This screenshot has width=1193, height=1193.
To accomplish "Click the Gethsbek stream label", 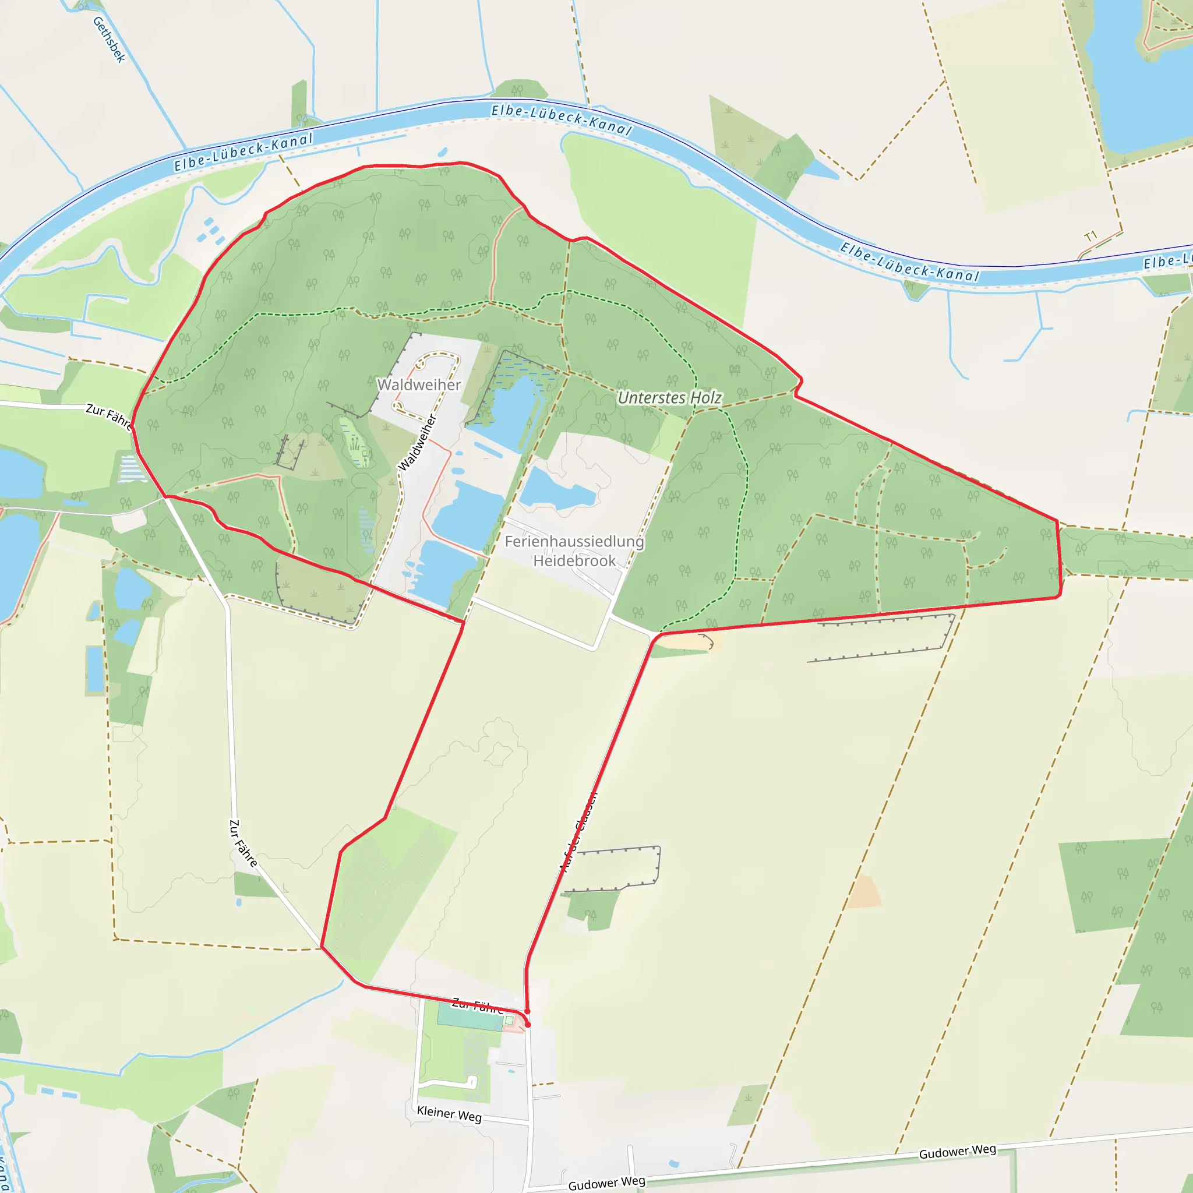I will pos(110,40).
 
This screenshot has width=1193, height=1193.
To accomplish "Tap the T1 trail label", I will pos(1090,237).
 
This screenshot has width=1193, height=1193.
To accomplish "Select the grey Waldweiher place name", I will pos(419,384).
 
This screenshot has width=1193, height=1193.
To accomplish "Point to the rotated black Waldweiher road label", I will pos(418,443).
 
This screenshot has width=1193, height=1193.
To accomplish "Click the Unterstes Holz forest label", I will pos(669,398).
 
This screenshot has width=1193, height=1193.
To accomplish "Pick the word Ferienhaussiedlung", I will pos(574,542).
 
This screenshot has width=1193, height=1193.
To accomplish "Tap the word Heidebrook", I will pos(574,561).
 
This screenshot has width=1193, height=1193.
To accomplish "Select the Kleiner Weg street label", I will pos(449,1113).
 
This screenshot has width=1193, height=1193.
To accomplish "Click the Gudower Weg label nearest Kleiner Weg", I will pos(606,1183).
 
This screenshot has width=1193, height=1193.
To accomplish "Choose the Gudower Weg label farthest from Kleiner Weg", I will pos(957,1151).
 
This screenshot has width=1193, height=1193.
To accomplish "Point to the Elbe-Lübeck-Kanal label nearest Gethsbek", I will pos(243,152).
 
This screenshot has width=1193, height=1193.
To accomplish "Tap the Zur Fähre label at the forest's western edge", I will pos(109,415).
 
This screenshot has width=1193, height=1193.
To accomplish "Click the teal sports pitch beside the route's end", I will pos(470,1017).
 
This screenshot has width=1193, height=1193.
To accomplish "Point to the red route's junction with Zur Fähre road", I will pos(322,947).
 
